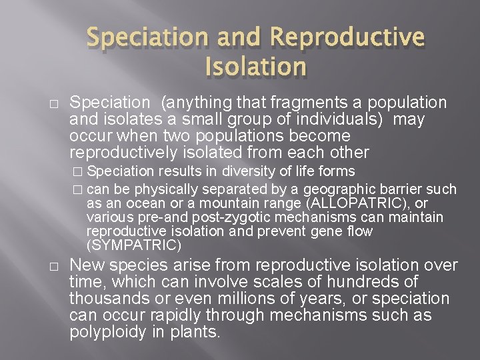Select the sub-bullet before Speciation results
(x=79, y=172)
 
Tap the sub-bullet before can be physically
(x=79, y=190)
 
